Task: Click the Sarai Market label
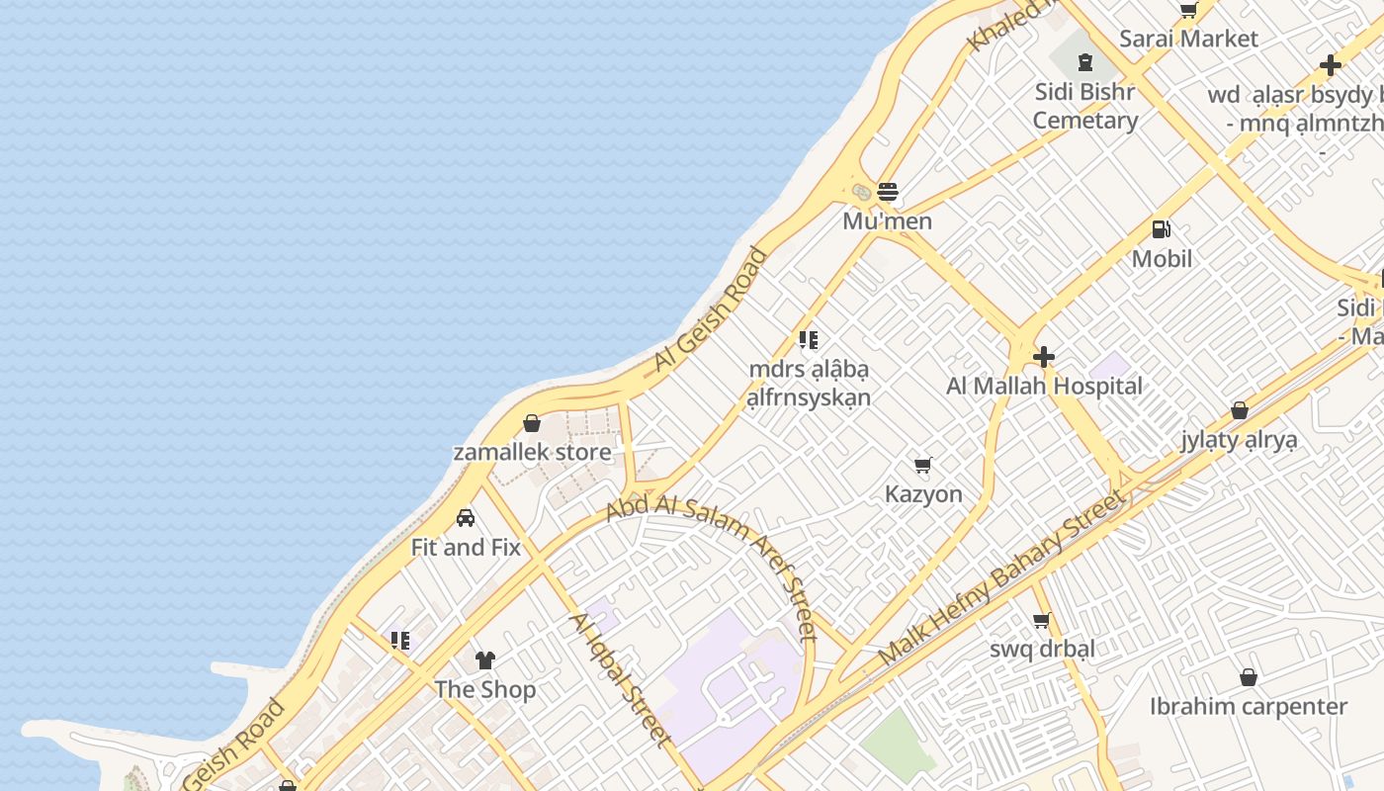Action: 1188,40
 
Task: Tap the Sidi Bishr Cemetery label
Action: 1085,106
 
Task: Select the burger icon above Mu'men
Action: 888,191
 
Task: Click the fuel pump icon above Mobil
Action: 1162,229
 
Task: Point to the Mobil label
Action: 1162,259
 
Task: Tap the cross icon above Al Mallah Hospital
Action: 1044,357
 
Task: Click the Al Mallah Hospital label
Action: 1044,387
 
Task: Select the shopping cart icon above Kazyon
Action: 923,465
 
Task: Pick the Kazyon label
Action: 923,494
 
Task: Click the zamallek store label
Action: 532,453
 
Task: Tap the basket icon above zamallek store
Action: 532,423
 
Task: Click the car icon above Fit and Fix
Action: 466,518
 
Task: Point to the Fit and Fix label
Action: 466,548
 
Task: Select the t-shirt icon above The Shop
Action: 484,659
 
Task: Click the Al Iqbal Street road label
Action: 620,680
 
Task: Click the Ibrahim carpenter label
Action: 1248,707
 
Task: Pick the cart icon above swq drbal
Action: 1041,621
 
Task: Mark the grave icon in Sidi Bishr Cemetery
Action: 1085,62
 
